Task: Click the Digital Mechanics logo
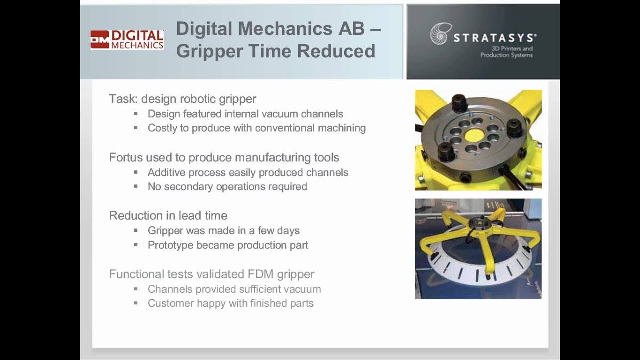click(x=127, y=40)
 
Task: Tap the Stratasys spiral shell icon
click(x=440, y=34)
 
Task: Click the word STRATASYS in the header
click(x=495, y=38)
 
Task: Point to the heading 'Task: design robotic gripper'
click(x=182, y=99)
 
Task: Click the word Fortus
click(x=126, y=158)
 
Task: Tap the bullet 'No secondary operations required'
click(x=227, y=187)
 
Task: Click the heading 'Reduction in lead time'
click(x=168, y=216)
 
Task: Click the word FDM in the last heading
click(x=257, y=274)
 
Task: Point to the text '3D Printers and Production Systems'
click(x=506, y=52)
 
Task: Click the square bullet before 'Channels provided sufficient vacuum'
click(x=136, y=289)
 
